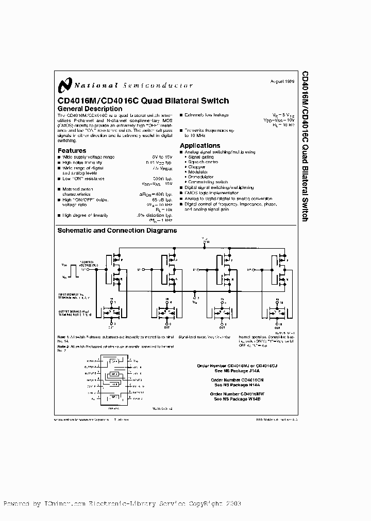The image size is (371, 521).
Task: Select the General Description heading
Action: click(90, 109)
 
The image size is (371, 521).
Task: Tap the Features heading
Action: click(72, 151)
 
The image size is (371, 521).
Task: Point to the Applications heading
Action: click(200, 146)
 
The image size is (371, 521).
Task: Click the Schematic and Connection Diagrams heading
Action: click(117, 230)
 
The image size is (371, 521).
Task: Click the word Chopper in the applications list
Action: click(197, 167)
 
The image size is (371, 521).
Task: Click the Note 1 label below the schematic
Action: click(64, 337)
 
